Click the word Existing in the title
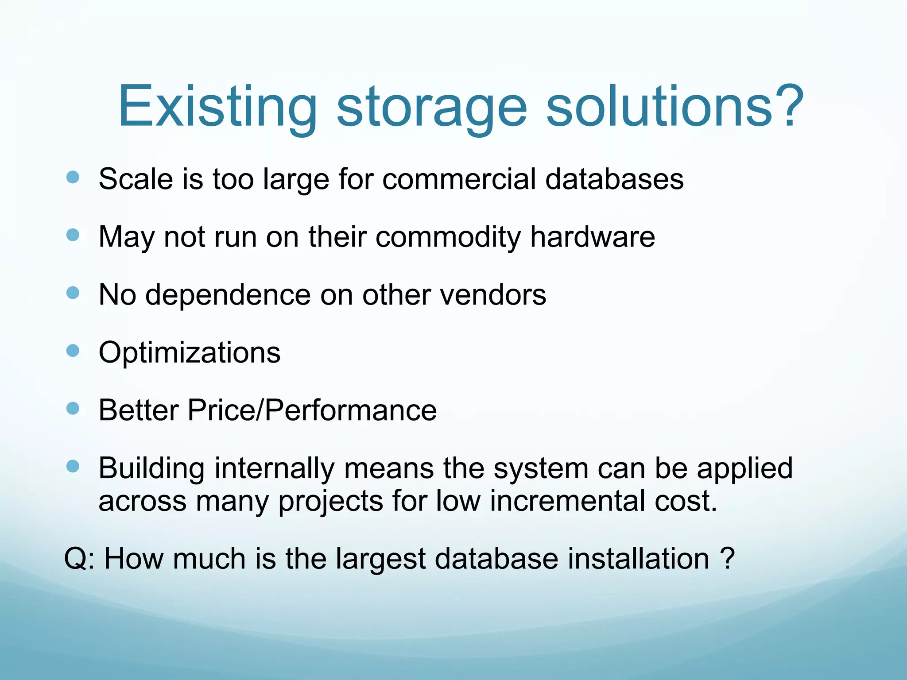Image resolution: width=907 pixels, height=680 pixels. (x=217, y=107)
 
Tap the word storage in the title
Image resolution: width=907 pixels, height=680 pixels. (x=432, y=107)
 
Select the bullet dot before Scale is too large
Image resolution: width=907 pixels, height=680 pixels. (x=73, y=178)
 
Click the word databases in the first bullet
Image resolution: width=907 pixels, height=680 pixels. (x=614, y=179)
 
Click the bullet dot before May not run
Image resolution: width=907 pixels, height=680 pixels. (x=73, y=235)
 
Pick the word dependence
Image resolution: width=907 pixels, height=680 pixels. (x=228, y=295)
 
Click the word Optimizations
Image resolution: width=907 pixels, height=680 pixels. (x=190, y=353)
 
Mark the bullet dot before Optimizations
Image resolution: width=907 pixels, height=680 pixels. (x=73, y=351)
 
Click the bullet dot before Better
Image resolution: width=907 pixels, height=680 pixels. (x=73, y=408)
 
